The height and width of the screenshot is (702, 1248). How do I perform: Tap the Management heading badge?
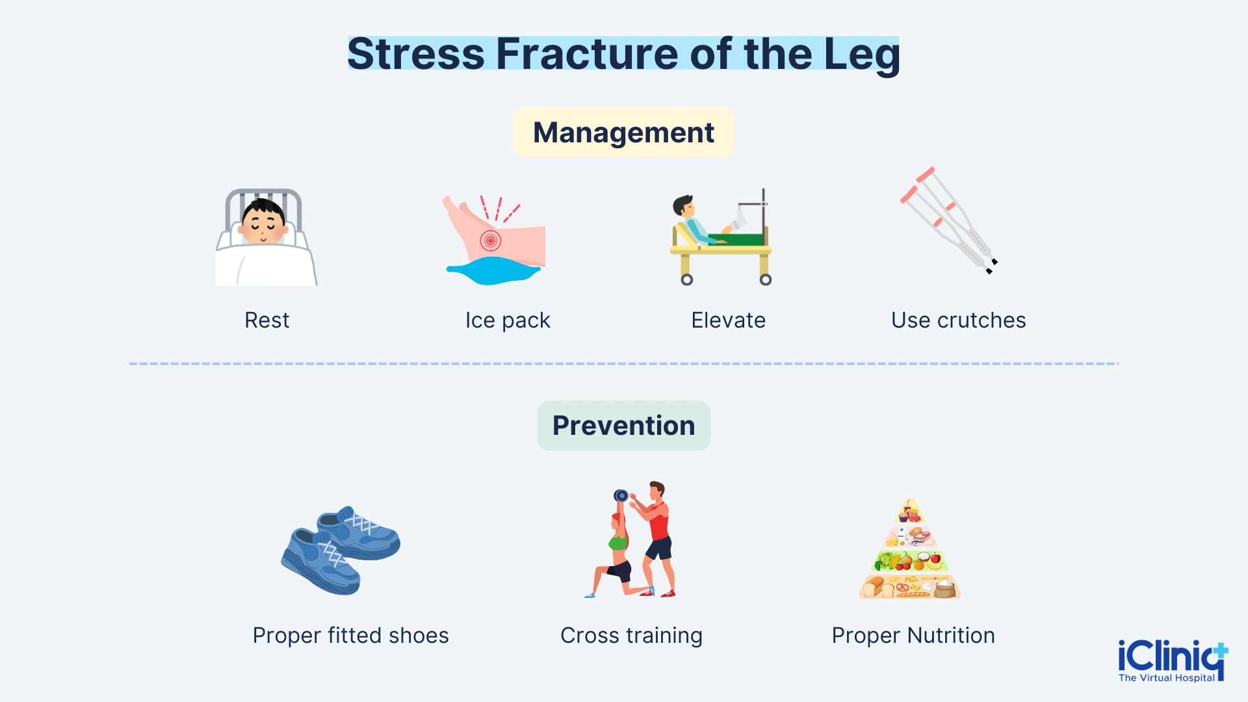[x=623, y=133]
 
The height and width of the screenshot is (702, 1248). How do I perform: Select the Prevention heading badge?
[x=623, y=426]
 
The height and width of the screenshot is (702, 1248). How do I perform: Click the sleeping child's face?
[x=263, y=223]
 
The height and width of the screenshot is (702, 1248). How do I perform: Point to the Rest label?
[x=266, y=320]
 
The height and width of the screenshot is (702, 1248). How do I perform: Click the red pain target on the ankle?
[x=491, y=240]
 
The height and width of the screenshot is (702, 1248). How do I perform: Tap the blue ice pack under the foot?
[x=492, y=271]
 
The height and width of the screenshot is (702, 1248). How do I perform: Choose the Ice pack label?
[x=508, y=320]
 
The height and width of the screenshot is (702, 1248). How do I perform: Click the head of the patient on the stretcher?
[x=683, y=207]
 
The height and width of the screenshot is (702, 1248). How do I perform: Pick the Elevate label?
[x=728, y=320]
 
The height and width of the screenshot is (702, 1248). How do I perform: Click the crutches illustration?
[x=949, y=221]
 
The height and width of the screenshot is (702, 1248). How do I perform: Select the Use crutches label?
[x=958, y=320]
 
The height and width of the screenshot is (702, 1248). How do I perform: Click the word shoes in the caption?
[x=419, y=636]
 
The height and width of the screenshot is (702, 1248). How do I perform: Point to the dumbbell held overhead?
[x=621, y=496]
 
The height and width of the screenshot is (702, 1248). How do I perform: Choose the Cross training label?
[x=631, y=636]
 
